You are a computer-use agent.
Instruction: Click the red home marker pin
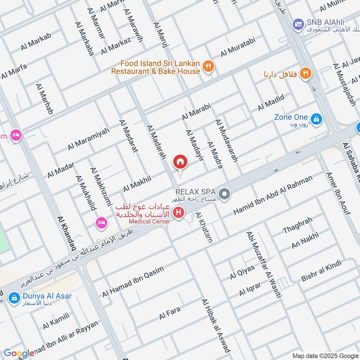click(x=180, y=162)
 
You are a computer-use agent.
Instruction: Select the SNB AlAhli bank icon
click(x=297, y=23)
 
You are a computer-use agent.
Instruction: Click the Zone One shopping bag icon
click(x=317, y=119)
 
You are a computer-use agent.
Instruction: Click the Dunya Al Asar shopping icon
click(x=14, y=297)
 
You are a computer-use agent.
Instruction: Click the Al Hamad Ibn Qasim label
click(x=133, y=281)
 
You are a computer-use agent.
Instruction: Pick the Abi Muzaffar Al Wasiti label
click(x=264, y=265)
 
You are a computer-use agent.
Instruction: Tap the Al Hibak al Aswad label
click(x=216, y=325)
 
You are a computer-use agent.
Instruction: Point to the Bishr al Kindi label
click(x=321, y=271)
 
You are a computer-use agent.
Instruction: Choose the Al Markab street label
click(x=36, y=42)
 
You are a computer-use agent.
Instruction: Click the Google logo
click(x=18, y=354)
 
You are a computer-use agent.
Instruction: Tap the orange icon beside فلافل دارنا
click(x=306, y=73)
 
